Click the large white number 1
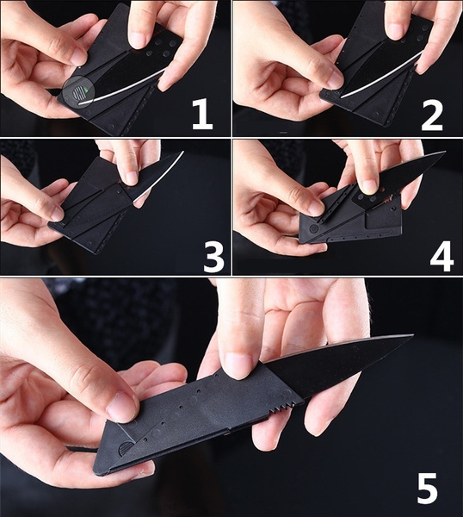point(202,115)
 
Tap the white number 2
point(432,115)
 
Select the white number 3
point(214,256)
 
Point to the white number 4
point(441,256)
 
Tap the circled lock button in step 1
point(78,93)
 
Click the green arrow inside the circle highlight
point(86,90)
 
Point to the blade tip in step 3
point(182,152)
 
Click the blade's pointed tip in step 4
point(445,153)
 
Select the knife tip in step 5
point(411,336)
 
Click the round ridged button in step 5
point(125,449)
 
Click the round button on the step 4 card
point(314,228)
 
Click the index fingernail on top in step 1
point(139,40)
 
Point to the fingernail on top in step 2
point(395,32)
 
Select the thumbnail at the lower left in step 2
point(334,80)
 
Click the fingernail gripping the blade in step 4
point(368,187)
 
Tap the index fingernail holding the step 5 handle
point(238,365)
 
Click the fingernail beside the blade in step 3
point(130,178)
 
